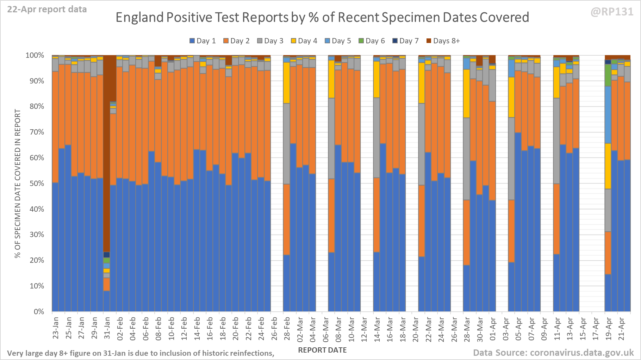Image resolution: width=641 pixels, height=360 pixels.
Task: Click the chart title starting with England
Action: [322, 17]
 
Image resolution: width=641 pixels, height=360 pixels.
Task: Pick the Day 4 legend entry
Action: [304, 41]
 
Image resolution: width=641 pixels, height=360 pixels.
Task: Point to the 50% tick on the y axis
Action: [37, 184]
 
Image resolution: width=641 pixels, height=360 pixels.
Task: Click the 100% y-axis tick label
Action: [35, 55]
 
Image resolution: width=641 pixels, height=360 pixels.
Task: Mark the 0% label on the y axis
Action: [39, 312]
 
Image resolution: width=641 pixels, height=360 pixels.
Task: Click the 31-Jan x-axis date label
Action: [107, 328]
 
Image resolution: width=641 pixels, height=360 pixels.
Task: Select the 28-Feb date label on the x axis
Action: [287, 328]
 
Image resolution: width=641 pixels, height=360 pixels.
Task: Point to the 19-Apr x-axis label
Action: [608, 328]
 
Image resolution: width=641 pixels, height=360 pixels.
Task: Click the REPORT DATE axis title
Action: [322, 350]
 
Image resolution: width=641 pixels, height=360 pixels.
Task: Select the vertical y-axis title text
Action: [18, 184]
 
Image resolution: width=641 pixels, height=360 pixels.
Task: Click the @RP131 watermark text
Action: [612, 12]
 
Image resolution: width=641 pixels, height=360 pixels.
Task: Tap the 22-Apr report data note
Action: [47, 10]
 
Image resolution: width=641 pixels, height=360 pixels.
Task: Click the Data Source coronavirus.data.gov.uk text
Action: [553, 353]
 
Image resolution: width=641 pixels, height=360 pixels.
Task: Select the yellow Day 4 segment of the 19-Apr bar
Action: [608, 166]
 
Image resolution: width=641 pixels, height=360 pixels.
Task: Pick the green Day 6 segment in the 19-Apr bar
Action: [608, 75]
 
